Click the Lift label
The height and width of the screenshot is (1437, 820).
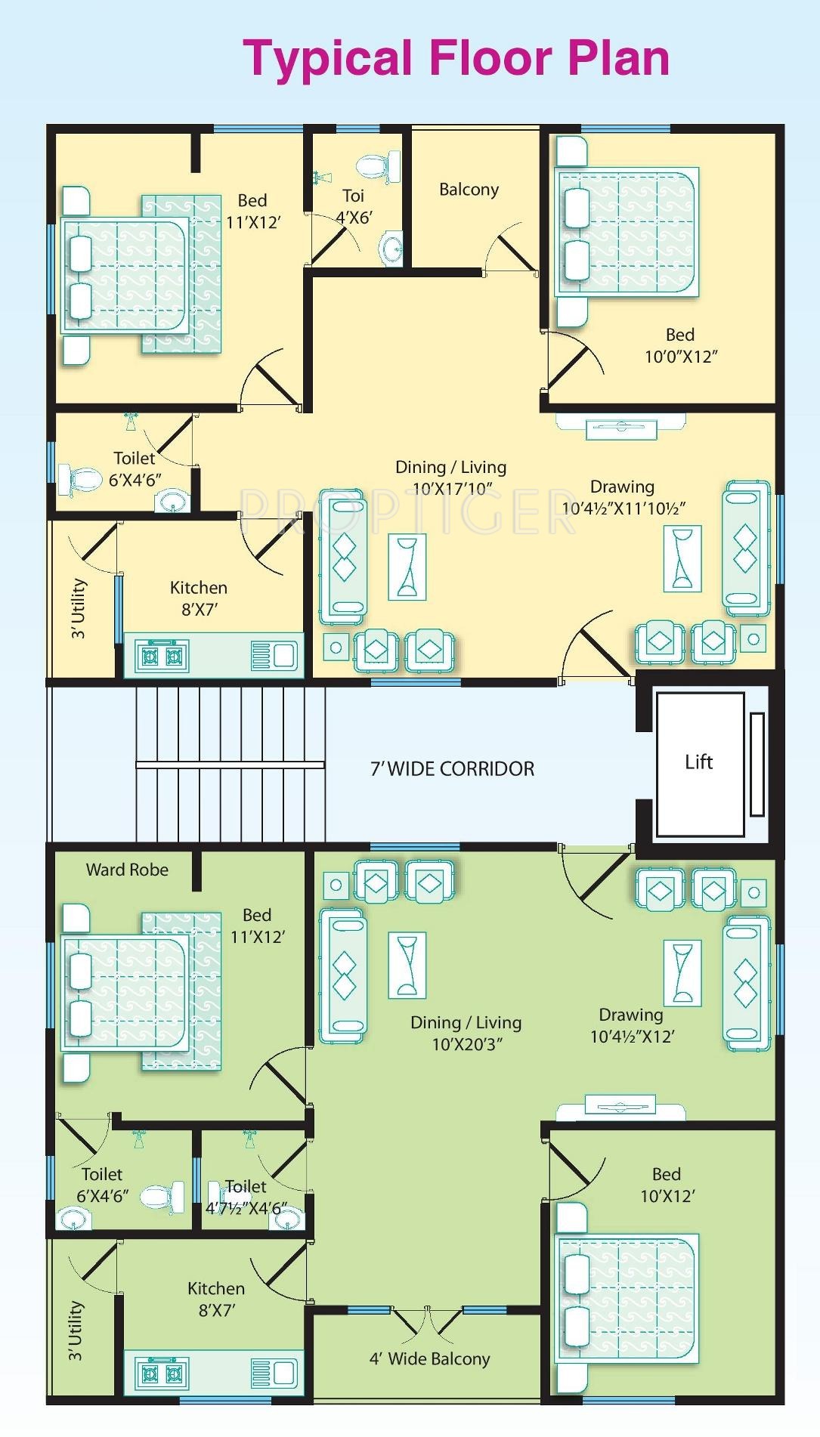tap(698, 762)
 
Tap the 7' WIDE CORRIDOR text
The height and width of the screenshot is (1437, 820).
tap(452, 769)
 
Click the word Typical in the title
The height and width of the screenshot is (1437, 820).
tap(328, 59)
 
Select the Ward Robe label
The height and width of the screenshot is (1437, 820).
tap(127, 870)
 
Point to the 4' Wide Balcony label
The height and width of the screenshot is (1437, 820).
tap(429, 1359)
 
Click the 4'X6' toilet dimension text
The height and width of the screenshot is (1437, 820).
tap(354, 218)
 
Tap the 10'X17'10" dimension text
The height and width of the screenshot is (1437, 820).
tap(452, 489)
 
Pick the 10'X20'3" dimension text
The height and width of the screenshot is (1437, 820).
tap(467, 1044)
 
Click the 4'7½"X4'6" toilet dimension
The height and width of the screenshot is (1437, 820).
tap(246, 1209)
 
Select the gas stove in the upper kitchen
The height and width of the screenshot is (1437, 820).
tap(162, 656)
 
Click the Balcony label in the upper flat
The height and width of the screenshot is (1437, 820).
tap(469, 190)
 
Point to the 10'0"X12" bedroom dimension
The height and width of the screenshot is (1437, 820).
tap(680, 357)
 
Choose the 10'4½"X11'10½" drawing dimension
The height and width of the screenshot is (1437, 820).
tap(624, 508)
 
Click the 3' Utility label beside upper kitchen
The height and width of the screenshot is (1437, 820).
tap(79, 608)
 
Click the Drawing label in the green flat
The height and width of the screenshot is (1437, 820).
tap(630, 1015)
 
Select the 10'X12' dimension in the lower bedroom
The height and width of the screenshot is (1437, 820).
tap(667, 1196)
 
